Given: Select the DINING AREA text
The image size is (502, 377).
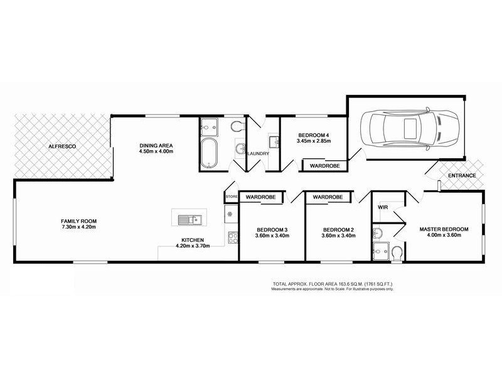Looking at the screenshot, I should pos(156,146).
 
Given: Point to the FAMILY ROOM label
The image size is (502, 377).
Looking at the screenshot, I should pos(78,221).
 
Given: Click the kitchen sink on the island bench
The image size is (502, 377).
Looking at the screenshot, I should pos(188,219).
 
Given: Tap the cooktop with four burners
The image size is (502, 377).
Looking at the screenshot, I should pos(232,238).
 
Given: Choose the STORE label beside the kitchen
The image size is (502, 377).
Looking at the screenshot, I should pos(231,197).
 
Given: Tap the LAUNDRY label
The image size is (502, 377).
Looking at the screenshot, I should pos(259,154).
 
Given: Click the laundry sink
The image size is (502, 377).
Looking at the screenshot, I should pos(275,140).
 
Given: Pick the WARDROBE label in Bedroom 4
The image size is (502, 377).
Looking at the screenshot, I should pos(322,166).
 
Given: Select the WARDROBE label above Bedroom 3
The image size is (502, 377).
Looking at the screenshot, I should pos(261,197).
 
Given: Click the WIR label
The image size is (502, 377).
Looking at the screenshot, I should pos(382,206).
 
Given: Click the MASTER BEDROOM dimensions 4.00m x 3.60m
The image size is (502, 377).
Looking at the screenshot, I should pos(444,236).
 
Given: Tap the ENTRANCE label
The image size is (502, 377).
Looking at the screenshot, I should pos(461,175).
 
